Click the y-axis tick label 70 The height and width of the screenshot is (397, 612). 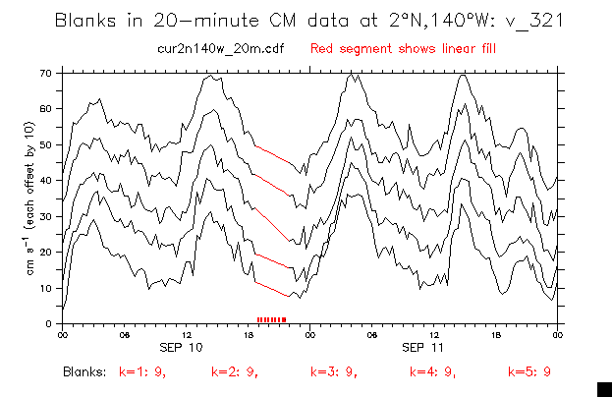coord(45,73)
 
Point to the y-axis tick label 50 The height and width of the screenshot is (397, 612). coord(45,144)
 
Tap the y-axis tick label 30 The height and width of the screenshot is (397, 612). coord(45,216)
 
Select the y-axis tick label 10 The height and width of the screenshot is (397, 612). coord(45,288)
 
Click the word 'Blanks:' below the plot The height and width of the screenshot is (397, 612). coord(83,372)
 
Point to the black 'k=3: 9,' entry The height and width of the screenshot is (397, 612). coord(334,372)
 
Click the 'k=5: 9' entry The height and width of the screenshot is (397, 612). coord(529,372)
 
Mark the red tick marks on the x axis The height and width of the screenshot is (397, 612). coord(271,319)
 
